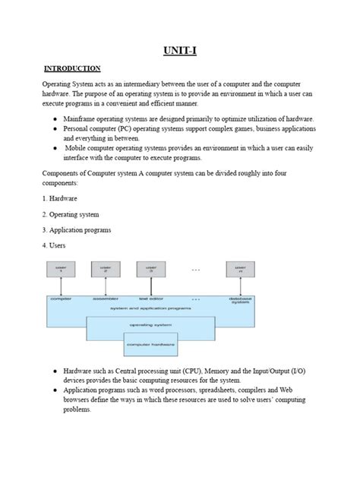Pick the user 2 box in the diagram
click(106, 270)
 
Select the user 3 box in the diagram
click(151, 270)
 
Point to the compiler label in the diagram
click(61, 299)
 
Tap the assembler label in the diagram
click(106, 299)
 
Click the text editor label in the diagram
click(151, 299)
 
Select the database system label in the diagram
click(241, 301)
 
